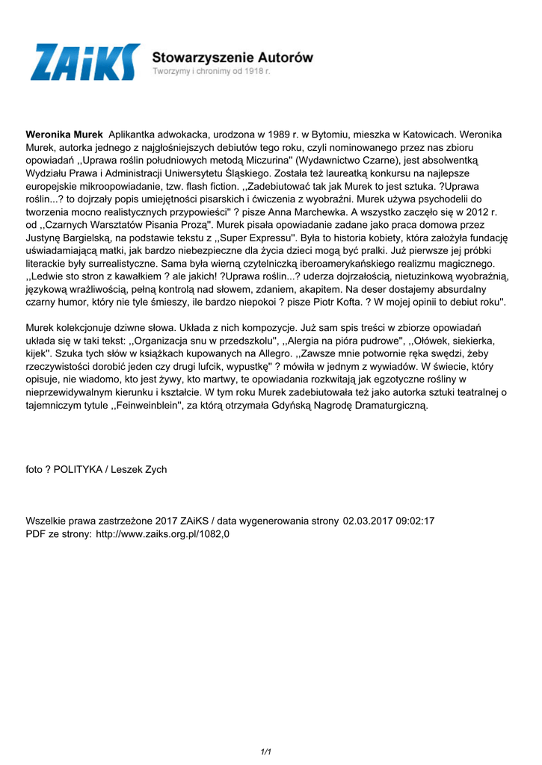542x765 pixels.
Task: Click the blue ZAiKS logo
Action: (84, 63)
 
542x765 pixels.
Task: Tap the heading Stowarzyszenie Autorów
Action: (232, 57)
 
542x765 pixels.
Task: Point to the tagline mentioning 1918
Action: (211, 72)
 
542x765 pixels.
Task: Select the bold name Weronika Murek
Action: (64, 134)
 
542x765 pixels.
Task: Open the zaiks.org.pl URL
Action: (162, 534)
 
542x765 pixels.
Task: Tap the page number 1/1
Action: (265, 752)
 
